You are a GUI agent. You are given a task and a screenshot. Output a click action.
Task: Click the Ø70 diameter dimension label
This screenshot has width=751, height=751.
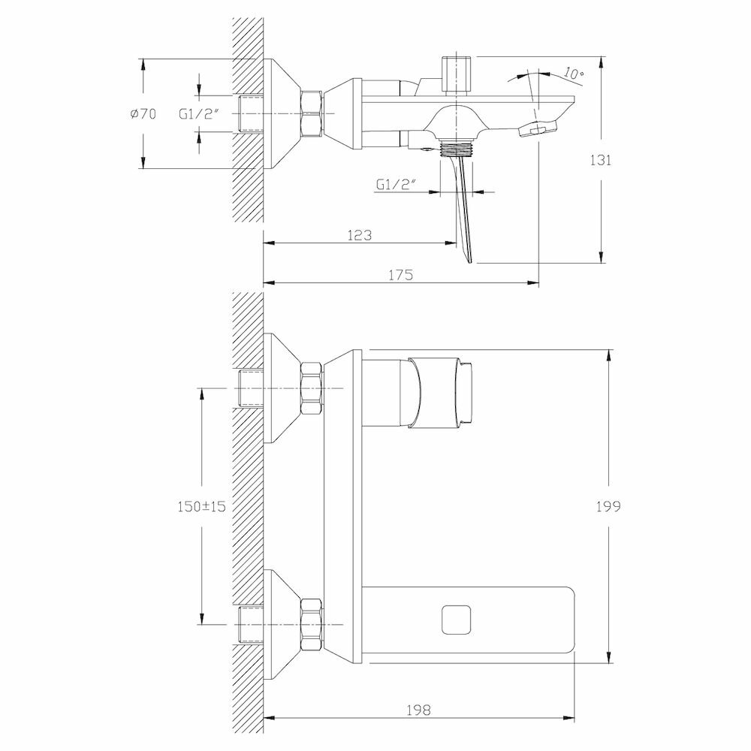[143, 113]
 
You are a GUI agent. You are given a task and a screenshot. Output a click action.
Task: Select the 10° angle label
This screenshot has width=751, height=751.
[573, 74]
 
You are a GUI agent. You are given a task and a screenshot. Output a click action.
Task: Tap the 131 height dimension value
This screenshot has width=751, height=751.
[600, 160]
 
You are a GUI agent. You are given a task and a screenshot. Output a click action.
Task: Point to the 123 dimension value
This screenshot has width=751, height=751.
[360, 235]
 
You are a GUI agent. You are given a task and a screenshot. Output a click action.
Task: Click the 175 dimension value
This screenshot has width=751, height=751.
[401, 275]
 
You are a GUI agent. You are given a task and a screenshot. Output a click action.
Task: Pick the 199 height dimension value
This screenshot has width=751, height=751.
[609, 506]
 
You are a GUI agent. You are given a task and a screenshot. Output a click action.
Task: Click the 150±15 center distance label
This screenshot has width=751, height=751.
[201, 506]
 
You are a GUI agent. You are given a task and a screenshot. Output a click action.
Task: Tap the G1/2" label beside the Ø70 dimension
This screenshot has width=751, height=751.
[198, 113]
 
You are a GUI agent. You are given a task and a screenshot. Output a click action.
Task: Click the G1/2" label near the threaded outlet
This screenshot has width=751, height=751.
[397, 184]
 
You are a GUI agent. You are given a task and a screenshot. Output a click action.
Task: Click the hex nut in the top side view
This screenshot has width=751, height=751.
[311, 113]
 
